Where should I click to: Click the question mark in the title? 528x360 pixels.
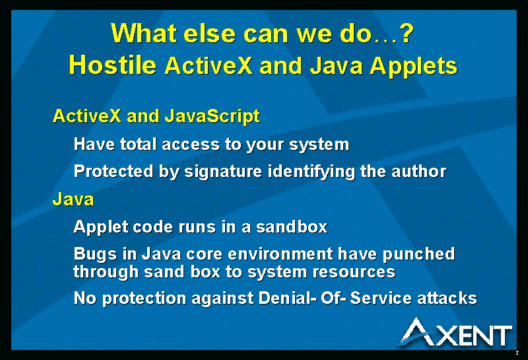(x=406, y=33)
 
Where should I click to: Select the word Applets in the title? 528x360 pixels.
(x=414, y=67)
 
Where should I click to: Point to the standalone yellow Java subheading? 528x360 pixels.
(x=73, y=199)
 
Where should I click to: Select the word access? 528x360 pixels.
(x=191, y=145)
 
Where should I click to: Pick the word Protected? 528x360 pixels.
(x=114, y=171)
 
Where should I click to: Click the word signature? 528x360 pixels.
(x=223, y=172)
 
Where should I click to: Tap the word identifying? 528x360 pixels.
(x=312, y=172)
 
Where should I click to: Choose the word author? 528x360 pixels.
(x=419, y=172)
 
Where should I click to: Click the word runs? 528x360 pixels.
(x=197, y=227)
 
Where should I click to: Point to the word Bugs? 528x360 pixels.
(x=95, y=254)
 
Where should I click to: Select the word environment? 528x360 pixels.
(x=280, y=254)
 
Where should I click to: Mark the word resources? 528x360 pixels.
(x=354, y=272)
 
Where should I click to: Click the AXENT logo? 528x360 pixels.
(x=455, y=332)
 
